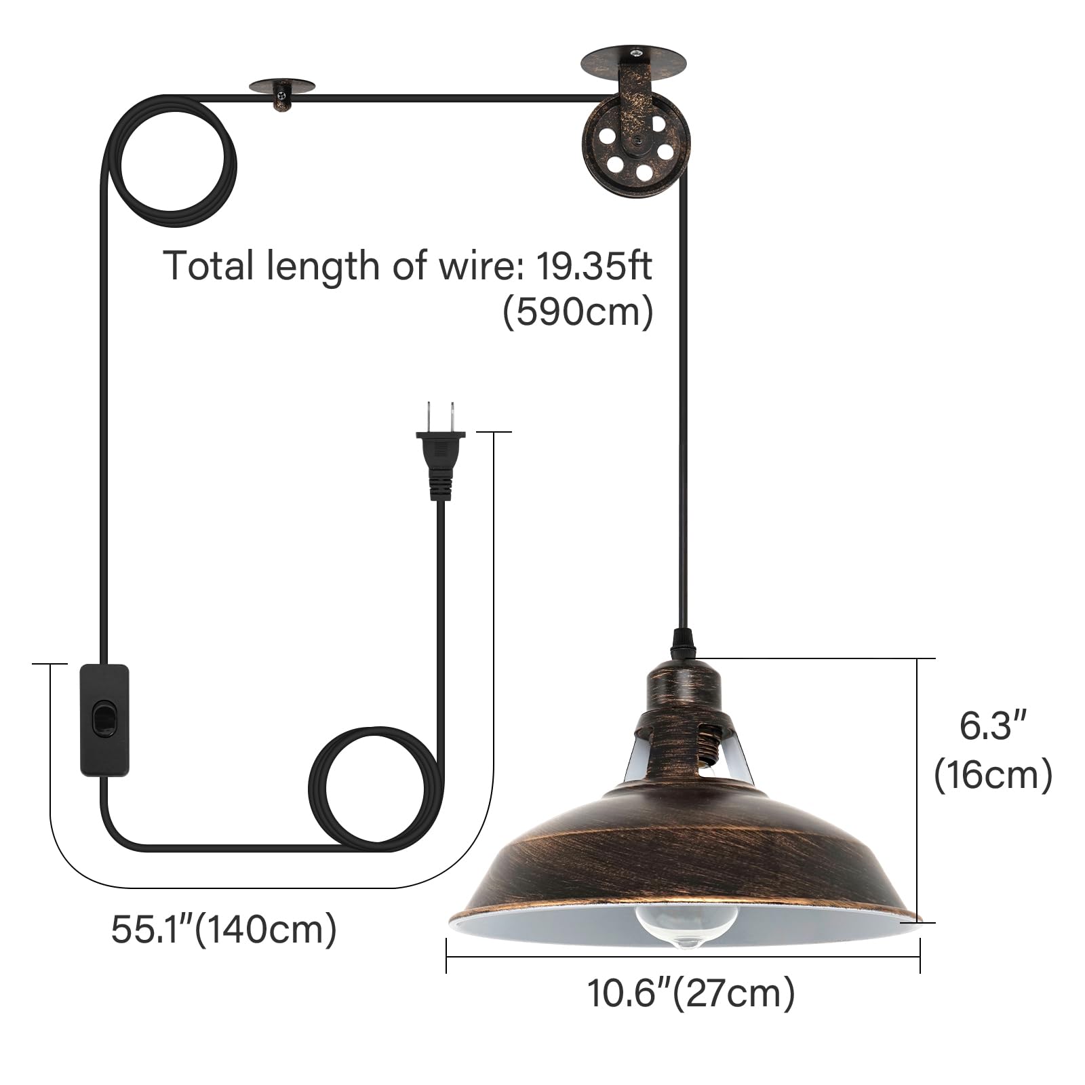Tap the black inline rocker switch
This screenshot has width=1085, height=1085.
pos(104,720)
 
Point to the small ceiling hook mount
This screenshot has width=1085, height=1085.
pos(282,94)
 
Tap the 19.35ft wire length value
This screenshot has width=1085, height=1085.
pos(594,265)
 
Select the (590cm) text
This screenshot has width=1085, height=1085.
pos(578,311)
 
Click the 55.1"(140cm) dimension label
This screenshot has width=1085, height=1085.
pos(224,929)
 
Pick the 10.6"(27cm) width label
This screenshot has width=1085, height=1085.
pos(690,994)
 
